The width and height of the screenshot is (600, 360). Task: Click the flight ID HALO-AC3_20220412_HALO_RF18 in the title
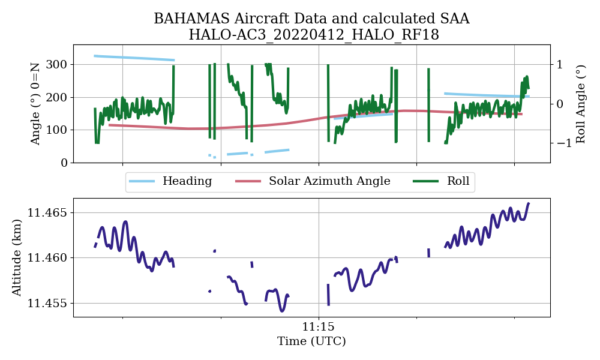coord(314,35)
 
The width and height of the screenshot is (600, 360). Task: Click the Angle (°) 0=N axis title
coord(36,103)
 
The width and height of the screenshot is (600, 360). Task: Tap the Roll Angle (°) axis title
coord(580,103)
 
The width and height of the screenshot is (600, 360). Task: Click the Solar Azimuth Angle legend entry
coord(329,181)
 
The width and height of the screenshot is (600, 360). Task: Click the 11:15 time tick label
coord(318,328)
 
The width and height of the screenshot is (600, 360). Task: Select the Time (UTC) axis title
coord(311,341)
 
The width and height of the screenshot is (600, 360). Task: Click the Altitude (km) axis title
coord(17,257)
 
